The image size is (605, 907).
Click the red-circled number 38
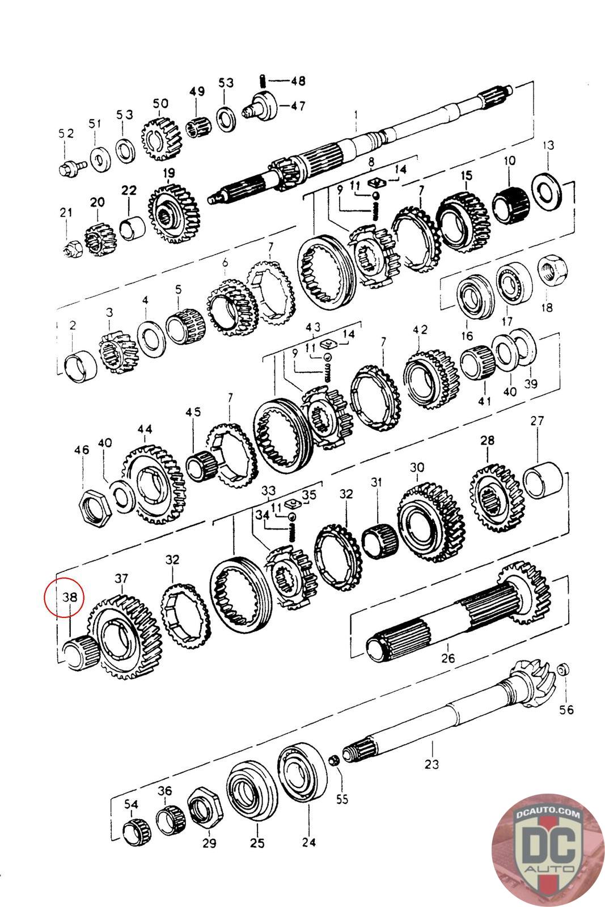pos(69,596)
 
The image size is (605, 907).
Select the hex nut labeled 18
pos(551,267)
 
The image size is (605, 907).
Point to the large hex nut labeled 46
pos(94,505)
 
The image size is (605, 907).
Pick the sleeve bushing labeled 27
pos(543,479)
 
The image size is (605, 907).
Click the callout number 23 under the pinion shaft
pos(431,764)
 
